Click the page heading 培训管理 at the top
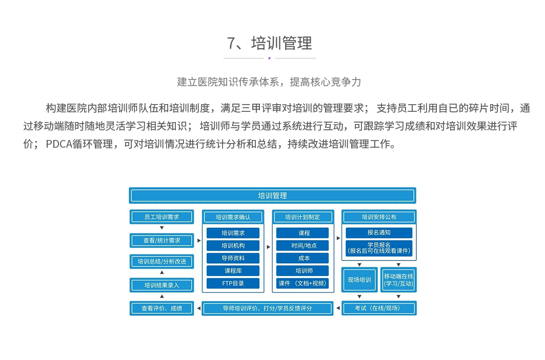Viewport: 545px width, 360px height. (270, 43)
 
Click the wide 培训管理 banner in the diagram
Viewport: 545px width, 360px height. (272, 195)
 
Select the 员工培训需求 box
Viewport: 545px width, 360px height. (162, 217)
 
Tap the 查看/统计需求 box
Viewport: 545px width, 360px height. (162, 240)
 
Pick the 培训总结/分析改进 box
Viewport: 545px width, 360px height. (162, 262)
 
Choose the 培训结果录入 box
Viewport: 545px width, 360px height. (162, 285)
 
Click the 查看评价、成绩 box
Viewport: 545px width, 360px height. (162, 308)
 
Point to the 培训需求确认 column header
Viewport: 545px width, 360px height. (233, 217)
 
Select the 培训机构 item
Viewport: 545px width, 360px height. (233, 246)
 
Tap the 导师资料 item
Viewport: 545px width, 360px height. (233, 258)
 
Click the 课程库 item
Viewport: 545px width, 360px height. (233, 271)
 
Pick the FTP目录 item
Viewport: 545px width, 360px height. (233, 283)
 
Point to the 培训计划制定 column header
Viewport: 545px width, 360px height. (302, 217)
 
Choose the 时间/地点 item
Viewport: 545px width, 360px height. (302, 246)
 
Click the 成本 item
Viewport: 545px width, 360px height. (302, 258)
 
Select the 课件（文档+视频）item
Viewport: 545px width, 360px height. (302, 283)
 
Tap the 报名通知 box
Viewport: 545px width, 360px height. (379, 233)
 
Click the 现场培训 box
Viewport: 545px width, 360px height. (359, 280)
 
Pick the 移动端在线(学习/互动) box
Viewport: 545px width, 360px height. (398, 280)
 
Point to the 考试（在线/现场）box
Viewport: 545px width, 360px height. (379, 308)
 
